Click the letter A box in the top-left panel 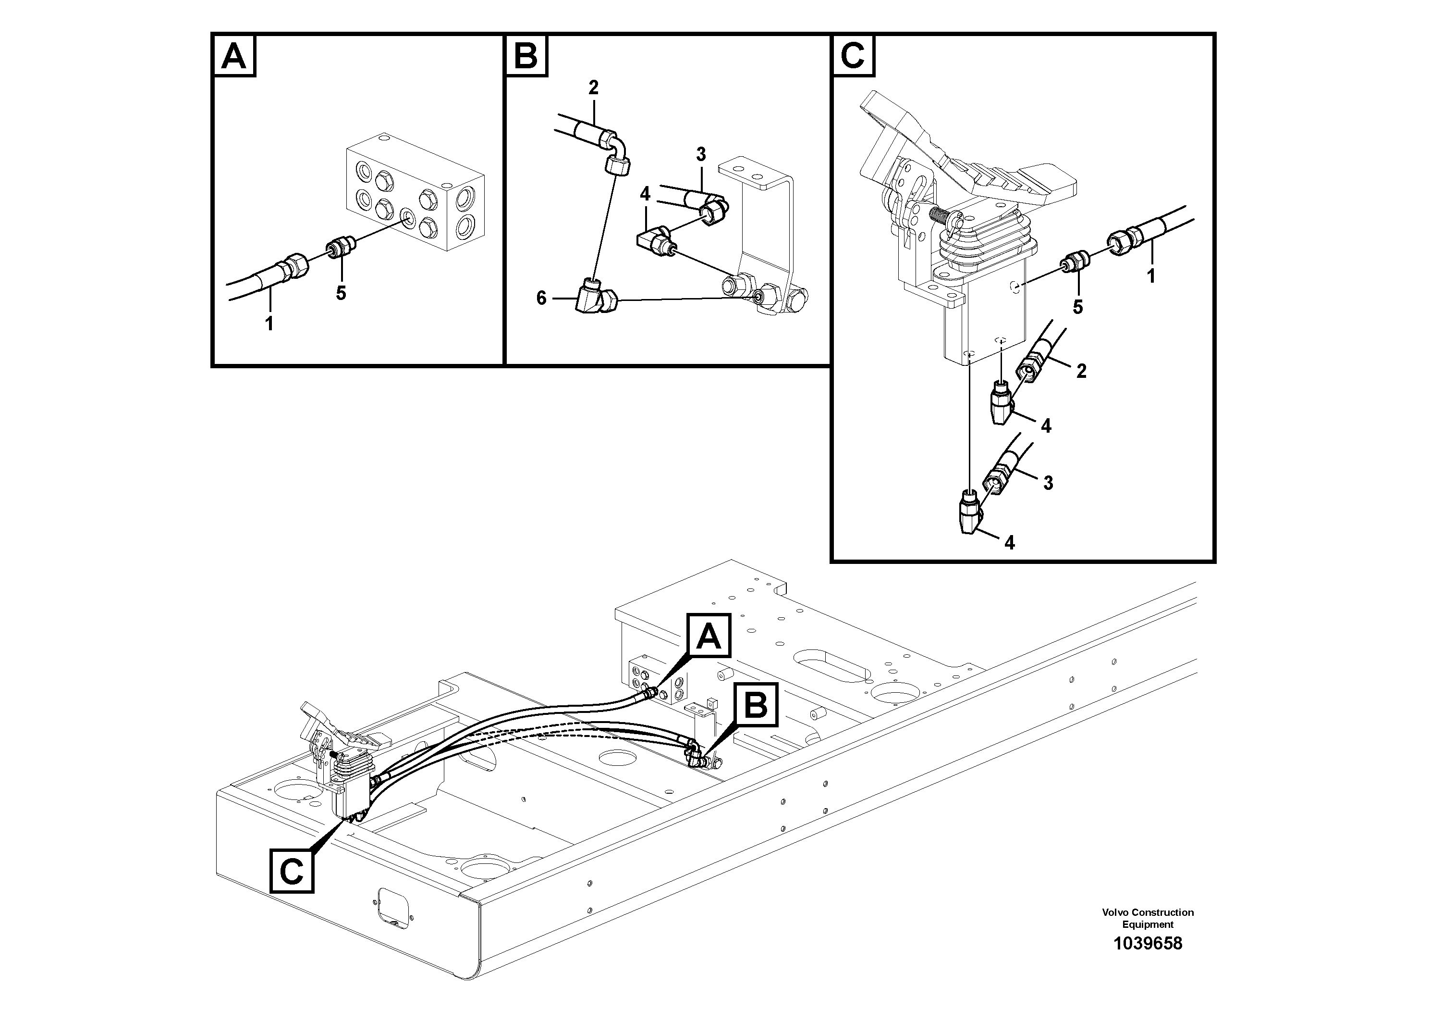(x=234, y=56)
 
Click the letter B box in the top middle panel (x=526, y=56)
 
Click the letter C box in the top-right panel (x=853, y=56)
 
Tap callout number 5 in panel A (x=341, y=293)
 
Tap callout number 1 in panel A (x=269, y=324)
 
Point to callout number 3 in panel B (x=701, y=154)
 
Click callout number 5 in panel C (x=1077, y=307)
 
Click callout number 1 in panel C (x=1151, y=275)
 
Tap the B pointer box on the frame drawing (x=757, y=705)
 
